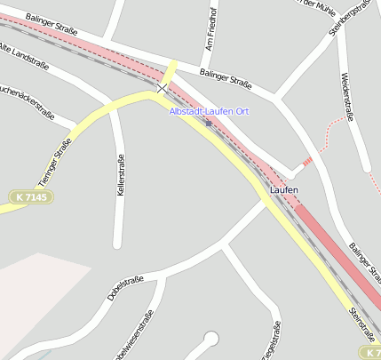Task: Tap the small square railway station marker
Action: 209,123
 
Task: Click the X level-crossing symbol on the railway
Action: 162,88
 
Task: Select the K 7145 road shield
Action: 31,196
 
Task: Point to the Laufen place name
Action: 283,190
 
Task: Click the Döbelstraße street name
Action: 125,288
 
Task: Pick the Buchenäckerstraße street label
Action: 27,102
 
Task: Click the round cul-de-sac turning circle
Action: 210,337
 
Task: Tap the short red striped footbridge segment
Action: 307,161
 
